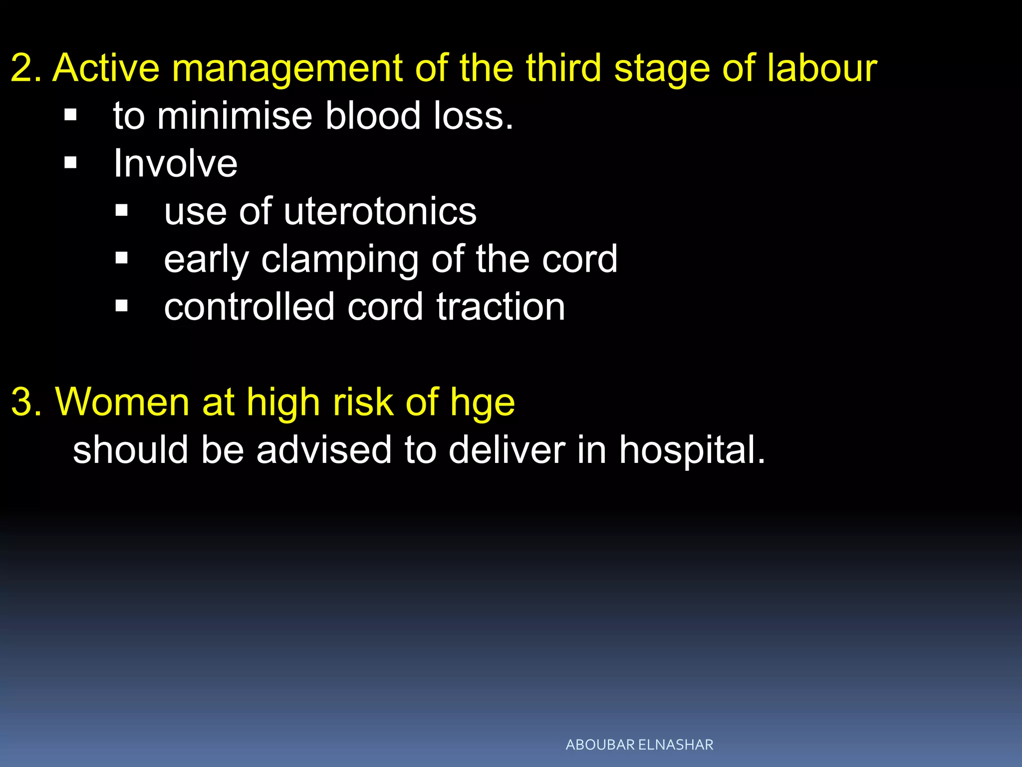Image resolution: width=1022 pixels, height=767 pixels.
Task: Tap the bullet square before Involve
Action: click(x=70, y=163)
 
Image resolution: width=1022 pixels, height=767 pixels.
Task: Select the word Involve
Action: click(x=175, y=163)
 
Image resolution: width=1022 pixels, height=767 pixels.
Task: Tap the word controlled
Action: click(x=249, y=307)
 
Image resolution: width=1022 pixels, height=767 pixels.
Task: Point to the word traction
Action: click(x=501, y=307)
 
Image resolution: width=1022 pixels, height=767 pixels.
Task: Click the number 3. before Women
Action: click(x=27, y=402)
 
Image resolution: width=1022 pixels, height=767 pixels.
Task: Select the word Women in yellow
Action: click(x=122, y=402)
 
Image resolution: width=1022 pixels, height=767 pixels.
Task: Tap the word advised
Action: click(x=324, y=449)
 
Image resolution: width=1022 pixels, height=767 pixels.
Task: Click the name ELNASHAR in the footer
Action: click(x=676, y=745)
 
